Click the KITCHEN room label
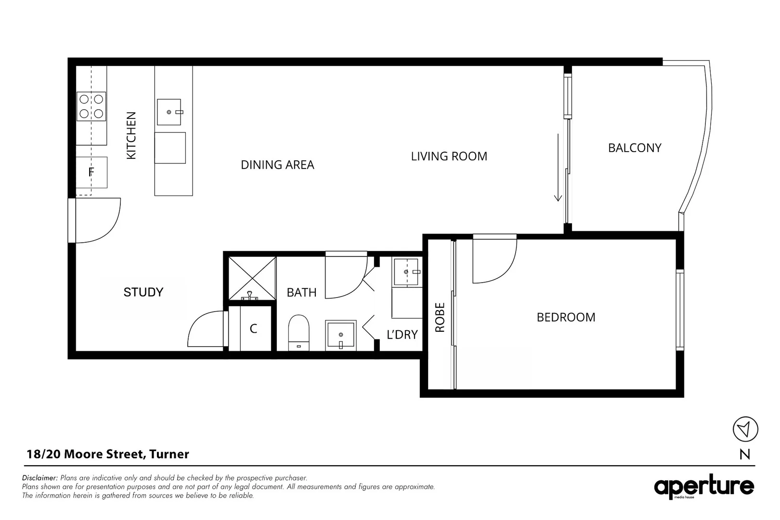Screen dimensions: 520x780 click(x=131, y=135)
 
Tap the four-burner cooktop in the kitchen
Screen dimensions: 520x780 click(x=91, y=106)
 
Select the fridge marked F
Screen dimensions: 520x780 click(x=91, y=172)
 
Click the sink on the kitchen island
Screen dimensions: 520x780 click(x=169, y=112)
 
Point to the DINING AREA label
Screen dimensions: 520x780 click(x=277, y=165)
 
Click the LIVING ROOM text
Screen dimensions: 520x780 click(x=449, y=156)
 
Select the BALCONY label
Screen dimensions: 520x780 click(x=635, y=148)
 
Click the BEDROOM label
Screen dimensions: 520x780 click(x=566, y=317)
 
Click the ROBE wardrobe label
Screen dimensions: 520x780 click(x=440, y=317)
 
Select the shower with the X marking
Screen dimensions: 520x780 click(x=252, y=278)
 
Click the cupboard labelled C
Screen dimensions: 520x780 click(x=253, y=328)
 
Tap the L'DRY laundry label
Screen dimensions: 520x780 click(x=402, y=334)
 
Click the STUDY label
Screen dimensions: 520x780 click(x=143, y=292)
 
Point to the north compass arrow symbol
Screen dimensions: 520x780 click(x=745, y=429)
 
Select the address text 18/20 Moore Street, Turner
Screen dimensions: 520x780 click(x=108, y=454)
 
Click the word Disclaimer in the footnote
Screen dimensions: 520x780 click(x=40, y=478)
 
